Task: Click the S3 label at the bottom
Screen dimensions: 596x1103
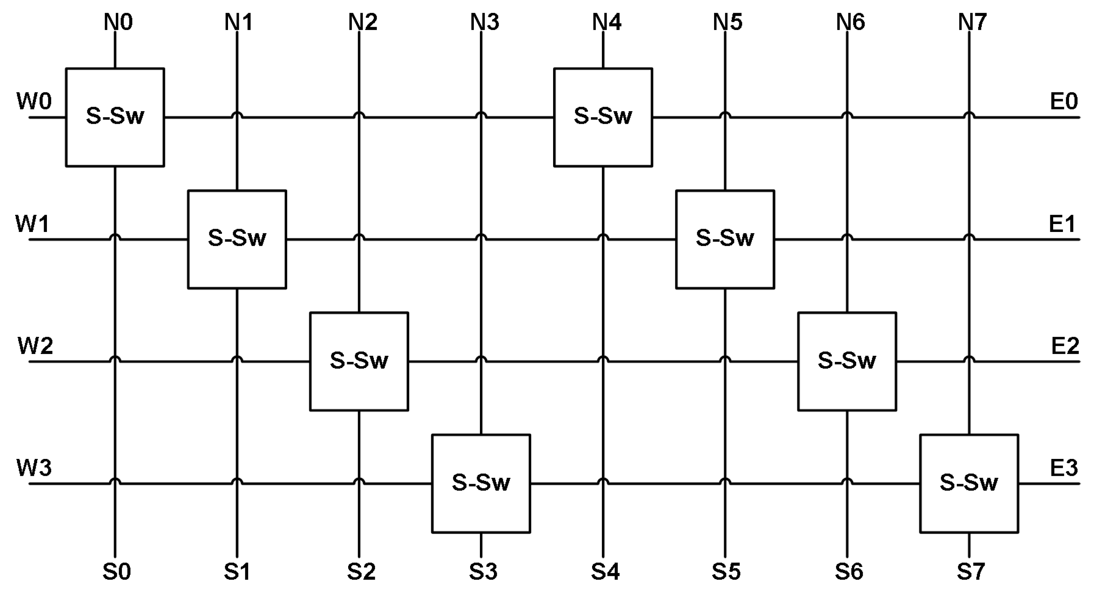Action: [483, 571]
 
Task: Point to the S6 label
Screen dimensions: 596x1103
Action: [849, 571]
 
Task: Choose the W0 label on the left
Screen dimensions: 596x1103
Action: [34, 101]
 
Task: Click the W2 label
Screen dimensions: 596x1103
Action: [35, 346]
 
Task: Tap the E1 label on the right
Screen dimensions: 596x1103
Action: [1062, 224]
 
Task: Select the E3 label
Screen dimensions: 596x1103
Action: [1064, 468]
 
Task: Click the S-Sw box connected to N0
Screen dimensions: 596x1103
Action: [115, 117]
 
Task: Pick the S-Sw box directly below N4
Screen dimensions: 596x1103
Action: [603, 117]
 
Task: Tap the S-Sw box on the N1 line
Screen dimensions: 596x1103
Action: [237, 239]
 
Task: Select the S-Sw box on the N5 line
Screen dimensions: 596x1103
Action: [725, 239]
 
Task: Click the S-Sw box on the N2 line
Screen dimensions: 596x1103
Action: [359, 361]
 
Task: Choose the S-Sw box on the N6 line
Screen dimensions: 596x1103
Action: [847, 361]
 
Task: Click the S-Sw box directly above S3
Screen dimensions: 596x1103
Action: [481, 483]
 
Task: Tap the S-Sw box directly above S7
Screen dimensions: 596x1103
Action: [969, 483]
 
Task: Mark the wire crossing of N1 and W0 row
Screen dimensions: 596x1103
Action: [237, 116]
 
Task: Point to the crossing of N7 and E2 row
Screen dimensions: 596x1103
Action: [969, 360]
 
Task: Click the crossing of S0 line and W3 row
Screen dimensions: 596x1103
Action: [115, 483]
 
